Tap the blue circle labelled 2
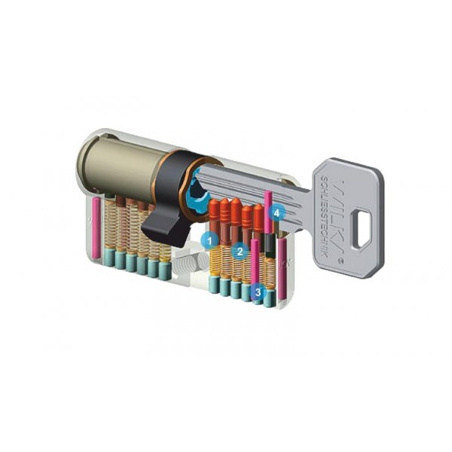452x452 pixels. (240, 250)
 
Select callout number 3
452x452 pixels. (258, 290)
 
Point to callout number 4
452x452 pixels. (278, 213)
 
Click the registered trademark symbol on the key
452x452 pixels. (344, 260)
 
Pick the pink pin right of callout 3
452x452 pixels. (281, 267)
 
